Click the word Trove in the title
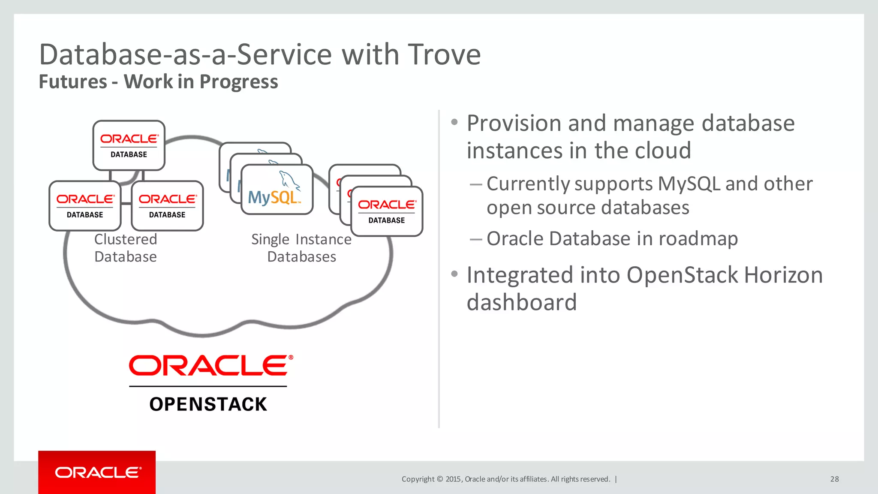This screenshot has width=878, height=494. (x=444, y=55)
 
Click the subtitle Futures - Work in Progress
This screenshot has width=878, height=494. (x=158, y=81)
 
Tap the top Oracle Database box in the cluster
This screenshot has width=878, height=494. (x=129, y=145)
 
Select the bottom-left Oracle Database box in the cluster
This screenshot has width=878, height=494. (x=85, y=206)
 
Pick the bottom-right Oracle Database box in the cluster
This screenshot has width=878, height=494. (x=167, y=206)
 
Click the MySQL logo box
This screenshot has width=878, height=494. (x=277, y=190)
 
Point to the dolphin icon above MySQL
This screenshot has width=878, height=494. (x=289, y=180)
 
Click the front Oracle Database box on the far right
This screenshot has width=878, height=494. (x=386, y=211)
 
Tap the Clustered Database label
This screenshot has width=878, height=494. (x=126, y=248)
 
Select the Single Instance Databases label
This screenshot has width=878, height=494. (x=301, y=248)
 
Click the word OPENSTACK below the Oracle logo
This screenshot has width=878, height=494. (x=208, y=404)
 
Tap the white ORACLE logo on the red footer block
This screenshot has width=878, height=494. (x=98, y=473)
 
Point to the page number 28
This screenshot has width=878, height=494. (x=834, y=479)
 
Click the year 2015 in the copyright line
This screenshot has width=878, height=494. (x=453, y=479)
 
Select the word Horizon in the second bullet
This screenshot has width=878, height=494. (x=783, y=275)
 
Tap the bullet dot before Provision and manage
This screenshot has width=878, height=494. (x=454, y=122)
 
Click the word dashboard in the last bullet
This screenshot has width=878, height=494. (x=521, y=302)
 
